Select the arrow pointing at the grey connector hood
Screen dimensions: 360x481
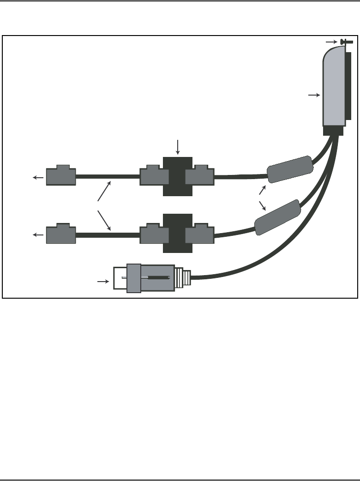[314, 95]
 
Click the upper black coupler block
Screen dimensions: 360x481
[178, 176]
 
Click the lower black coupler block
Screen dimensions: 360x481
[178, 234]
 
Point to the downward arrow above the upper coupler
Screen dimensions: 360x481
[178, 146]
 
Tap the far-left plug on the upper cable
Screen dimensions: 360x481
[61, 176]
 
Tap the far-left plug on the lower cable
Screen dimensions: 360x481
[61, 234]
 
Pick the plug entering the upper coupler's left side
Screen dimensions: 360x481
[154, 176]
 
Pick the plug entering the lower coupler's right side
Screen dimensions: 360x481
[200, 234]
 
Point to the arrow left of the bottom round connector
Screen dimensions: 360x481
[102, 280]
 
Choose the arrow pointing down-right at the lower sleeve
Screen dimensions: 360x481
[263, 205]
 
